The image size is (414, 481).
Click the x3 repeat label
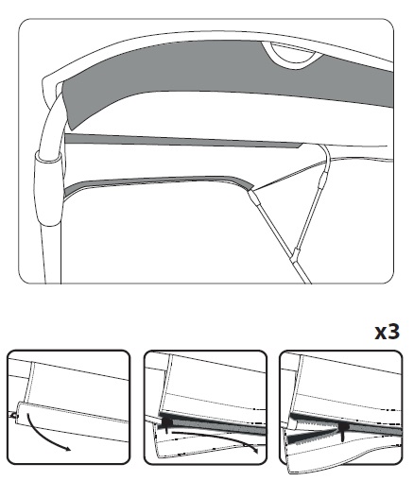tap(387, 333)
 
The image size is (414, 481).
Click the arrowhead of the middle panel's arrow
tap(254, 450)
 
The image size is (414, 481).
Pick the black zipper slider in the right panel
tap(343, 430)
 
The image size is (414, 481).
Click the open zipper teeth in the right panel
tap(312, 432)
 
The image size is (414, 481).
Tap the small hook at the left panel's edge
tap(13, 416)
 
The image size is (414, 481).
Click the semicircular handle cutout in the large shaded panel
tap(291, 55)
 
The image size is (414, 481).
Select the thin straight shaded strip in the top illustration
tap(182, 140)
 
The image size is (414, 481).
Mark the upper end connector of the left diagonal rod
tap(254, 197)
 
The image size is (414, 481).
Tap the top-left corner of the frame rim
tap(43, 78)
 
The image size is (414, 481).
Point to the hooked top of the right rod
tap(324, 151)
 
